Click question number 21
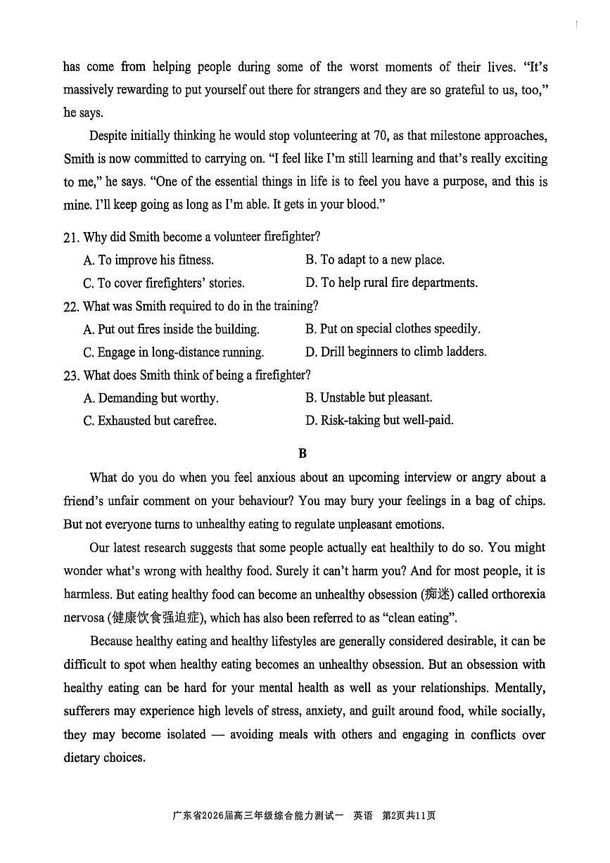point(70,238)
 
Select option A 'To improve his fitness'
point(148,260)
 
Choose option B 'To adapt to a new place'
point(375,260)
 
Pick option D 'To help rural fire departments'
point(392,283)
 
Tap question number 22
point(70,307)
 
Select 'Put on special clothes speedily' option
point(393,329)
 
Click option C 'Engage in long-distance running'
point(174,352)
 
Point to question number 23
point(70,376)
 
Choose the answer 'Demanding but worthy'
point(151,398)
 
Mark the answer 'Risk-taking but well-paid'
point(380,421)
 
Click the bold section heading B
point(303,454)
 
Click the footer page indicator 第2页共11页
point(409,816)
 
